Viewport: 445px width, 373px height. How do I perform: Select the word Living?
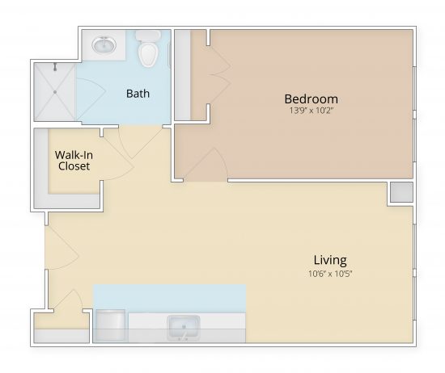[330, 260]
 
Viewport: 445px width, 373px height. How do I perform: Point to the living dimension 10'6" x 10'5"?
[330, 273]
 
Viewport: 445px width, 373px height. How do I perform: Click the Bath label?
[138, 94]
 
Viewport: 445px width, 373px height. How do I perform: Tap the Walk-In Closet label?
[72, 160]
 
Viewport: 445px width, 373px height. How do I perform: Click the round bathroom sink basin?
[104, 46]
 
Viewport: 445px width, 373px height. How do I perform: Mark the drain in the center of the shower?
[55, 92]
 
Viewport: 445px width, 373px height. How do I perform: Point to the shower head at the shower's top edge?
[55, 66]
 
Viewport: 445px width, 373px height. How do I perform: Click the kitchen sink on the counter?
[184, 327]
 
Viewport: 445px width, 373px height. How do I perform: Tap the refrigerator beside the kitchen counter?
[111, 327]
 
